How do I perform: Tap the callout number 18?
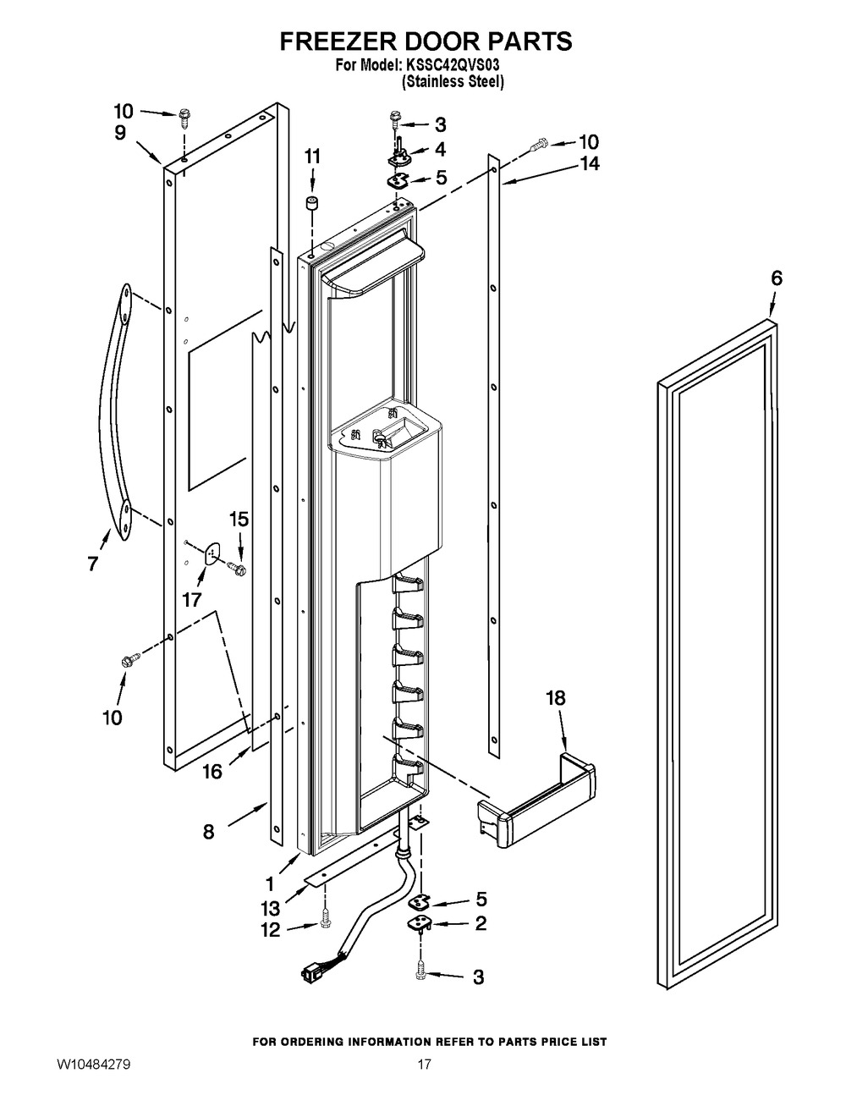pos(555,698)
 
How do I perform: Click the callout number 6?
pos(777,278)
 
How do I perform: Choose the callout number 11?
pos(312,157)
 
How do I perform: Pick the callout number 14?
pos(590,164)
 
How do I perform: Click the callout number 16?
pos(212,771)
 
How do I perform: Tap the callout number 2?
pos(480,923)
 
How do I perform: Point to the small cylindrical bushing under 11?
pos(312,204)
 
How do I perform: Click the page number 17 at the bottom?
pos(424,1064)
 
